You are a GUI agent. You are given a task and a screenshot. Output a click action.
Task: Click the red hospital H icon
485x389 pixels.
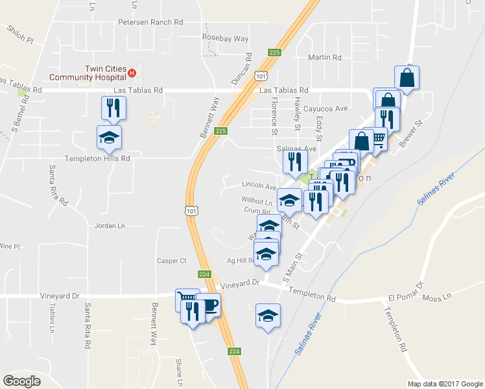tap(132, 72)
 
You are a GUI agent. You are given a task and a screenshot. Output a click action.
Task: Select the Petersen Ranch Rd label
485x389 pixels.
tap(149, 22)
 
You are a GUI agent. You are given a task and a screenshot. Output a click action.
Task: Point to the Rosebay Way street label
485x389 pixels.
tap(225, 38)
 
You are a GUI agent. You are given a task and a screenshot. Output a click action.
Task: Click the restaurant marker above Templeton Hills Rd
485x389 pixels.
tap(114, 107)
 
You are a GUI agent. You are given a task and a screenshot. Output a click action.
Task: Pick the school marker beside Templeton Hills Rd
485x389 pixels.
tap(109, 136)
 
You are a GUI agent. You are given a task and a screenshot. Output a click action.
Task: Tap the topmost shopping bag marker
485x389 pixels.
tap(407, 78)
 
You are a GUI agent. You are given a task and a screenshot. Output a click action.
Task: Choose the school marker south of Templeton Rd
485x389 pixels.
tap(268, 315)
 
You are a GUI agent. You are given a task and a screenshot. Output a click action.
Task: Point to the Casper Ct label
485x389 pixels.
tap(171, 261)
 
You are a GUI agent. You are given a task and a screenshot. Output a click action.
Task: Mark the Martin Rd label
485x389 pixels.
tap(324, 58)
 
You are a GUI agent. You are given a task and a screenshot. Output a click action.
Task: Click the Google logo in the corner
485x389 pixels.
tap(22, 381)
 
